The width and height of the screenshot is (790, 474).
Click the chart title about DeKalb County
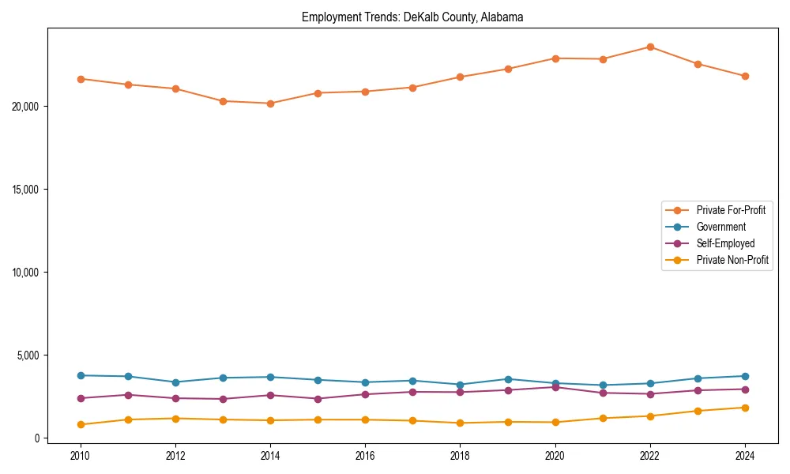coord(412,17)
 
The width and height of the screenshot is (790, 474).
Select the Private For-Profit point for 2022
coord(650,47)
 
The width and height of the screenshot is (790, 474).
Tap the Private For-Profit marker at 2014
coord(270,103)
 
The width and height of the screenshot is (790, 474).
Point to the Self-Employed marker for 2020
coord(555,387)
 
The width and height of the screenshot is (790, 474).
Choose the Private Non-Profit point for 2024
coord(745,408)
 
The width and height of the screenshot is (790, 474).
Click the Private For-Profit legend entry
coord(730,210)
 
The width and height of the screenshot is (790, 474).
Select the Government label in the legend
coord(720,227)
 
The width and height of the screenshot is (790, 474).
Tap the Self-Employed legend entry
coord(725,243)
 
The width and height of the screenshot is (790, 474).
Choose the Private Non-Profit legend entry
coord(732,260)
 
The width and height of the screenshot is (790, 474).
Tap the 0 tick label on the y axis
coord(36,438)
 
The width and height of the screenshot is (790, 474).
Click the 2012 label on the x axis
coord(175,455)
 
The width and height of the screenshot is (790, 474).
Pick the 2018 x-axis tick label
coord(461,455)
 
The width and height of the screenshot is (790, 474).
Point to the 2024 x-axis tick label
coord(745,455)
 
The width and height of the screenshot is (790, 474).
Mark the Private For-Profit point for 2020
coord(555,58)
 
